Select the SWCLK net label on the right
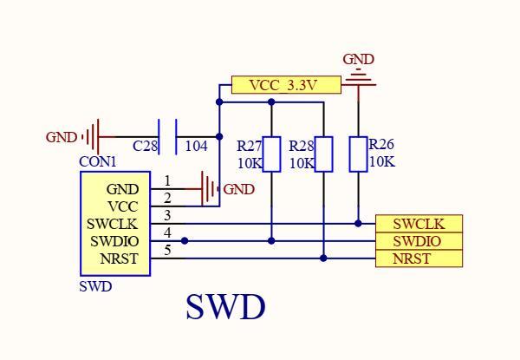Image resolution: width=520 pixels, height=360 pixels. [418, 224]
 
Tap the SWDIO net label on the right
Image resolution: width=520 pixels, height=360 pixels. [418, 241]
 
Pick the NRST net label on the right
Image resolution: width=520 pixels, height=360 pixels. [418, 259]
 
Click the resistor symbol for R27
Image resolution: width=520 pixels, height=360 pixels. [271, 154]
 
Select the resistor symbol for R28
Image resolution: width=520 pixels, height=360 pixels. [323, 154]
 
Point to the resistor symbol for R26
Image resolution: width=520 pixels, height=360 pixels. [358, 154]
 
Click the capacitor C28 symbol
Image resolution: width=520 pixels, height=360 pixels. [170, 136]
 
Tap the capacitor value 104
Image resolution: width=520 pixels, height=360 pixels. [196, 147]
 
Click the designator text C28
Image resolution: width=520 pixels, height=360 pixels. [145, 147]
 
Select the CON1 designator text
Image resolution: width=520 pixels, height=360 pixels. [98, 161]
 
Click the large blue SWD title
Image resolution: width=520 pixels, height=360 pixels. [225, 307]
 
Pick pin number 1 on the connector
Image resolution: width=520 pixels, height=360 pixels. [167, 181]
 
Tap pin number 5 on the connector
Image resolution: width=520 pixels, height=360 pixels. [167, 251]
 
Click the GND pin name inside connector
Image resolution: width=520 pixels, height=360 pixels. [122, 189]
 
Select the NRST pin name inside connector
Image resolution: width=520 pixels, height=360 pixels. [119, 259]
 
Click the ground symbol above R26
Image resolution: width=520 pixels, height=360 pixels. [358, 80]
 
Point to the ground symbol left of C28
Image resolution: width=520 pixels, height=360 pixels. [93, 136]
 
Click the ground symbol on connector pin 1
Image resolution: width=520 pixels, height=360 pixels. [208, 188]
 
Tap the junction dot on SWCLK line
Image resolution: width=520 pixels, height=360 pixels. [358, 223]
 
